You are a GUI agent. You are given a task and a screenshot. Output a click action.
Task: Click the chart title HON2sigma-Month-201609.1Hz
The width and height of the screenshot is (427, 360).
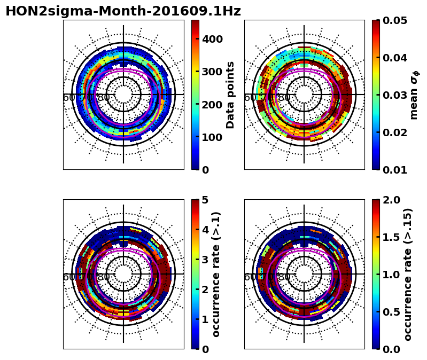pyautogui.click(x=123, y=11)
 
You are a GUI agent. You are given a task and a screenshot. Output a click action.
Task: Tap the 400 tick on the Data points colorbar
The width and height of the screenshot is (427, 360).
pyautogui.click(x=212, y=38)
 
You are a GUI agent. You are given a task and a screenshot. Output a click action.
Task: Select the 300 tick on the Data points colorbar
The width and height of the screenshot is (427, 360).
pyautogui.click(x=212, y=72)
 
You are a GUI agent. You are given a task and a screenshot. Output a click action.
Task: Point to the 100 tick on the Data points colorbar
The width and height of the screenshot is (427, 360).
pyautogui.click(x=212, y=137)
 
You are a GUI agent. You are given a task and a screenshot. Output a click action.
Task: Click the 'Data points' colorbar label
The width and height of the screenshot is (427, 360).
pyautogui.click(x=230, y=95)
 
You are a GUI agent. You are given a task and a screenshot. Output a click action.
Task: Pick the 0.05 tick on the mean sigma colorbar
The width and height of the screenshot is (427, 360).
pyautogui.click(x=396, y=21)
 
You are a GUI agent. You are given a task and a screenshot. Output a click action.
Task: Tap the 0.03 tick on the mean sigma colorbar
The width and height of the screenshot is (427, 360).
pyautogui.click(x=396, y=95)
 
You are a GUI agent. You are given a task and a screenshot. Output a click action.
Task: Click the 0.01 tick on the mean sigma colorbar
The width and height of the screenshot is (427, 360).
pyautogui.click(x=396, y=170)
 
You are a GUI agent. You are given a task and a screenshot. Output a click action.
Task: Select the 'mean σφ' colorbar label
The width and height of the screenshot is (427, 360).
pyautogui.click(x=414, y=95)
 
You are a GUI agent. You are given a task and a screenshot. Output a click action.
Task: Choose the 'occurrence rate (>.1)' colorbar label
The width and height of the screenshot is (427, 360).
pyautogui.click(x=216, y=274)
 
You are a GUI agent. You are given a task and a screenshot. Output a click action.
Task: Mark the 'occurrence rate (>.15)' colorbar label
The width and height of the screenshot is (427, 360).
pyautogui.click(x=408, y=274)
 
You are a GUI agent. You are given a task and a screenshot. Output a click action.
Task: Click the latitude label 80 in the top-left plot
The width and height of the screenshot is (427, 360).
pyautogui.click(x=103, y=98)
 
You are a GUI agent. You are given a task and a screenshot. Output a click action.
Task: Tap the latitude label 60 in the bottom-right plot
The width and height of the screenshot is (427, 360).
pyautogui.click(x=250, y=277)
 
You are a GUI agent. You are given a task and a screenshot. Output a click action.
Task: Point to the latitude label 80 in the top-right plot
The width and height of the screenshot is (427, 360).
pyautogui.click(x=284, y=98)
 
